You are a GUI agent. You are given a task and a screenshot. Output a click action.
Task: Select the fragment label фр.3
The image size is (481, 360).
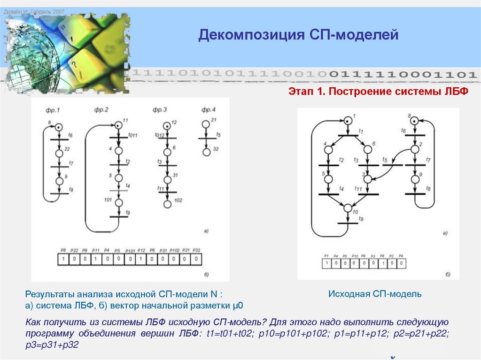[160, 110]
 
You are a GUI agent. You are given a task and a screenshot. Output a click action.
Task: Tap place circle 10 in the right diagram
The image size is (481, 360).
[348, 208]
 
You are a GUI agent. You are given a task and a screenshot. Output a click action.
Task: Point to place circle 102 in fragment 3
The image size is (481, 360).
[167, 204]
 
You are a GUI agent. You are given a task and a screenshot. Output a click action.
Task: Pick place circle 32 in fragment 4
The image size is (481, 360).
[205, 152]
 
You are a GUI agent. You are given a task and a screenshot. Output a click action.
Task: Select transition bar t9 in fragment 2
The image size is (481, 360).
[118, 217]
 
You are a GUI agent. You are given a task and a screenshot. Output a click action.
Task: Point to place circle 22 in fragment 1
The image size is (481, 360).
[59, 153]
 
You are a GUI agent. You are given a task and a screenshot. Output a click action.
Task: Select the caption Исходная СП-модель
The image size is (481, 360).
[374, 294]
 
